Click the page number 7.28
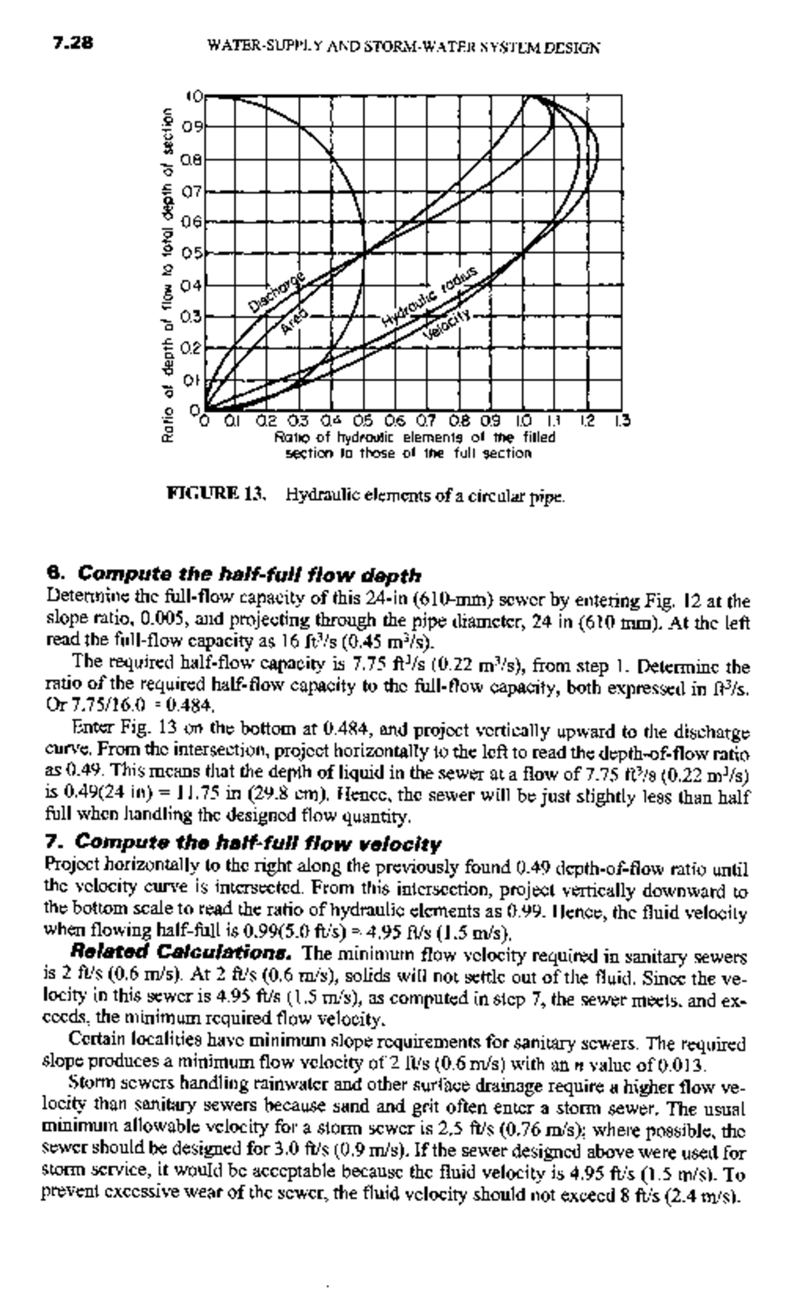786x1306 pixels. point(73,44)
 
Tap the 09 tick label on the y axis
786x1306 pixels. point(191,126)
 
